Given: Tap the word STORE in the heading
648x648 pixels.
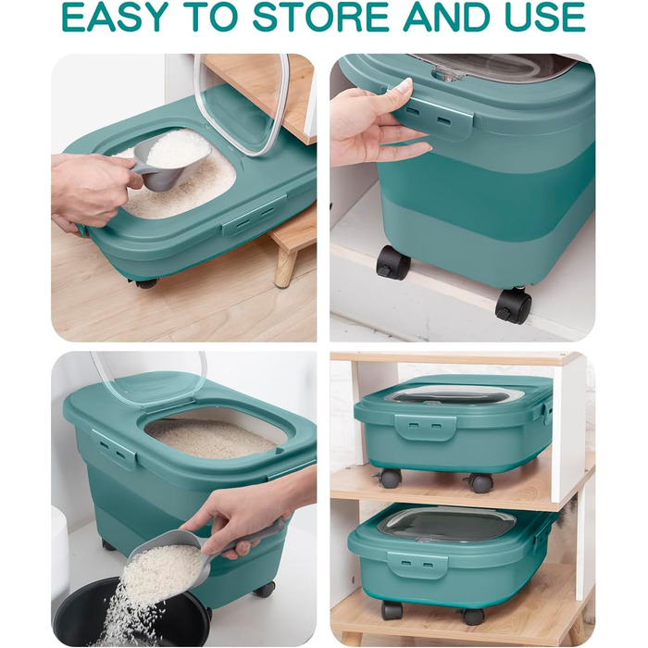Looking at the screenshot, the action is [x=320, y=17].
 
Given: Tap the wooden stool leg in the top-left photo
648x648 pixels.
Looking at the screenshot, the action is [x=285, y=267].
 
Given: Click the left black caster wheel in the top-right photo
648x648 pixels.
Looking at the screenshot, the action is [x=393, y=262].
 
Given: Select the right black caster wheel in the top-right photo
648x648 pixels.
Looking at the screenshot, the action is [x=513, y=305].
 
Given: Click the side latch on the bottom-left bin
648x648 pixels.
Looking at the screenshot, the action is [x=114, y=449].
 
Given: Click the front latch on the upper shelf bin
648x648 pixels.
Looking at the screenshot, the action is [x=425, y=427].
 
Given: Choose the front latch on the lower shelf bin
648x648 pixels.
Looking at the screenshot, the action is [x=417, y=565].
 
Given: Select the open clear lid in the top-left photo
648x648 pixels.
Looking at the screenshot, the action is [x=243, y=104].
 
